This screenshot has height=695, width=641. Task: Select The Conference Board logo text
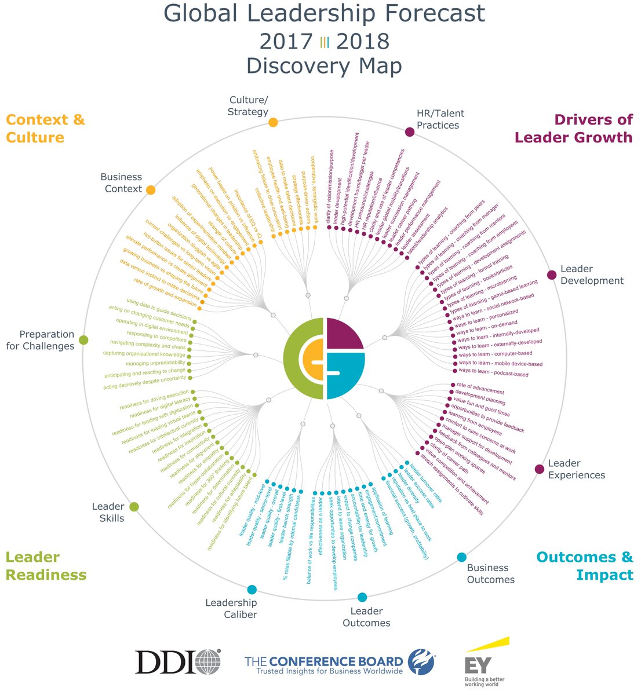pos(324,661)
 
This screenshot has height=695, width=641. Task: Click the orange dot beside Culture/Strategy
pos(273,122)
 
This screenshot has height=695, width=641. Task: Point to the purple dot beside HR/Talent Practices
pos(410,131)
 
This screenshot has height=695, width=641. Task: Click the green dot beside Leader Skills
pos(134,507)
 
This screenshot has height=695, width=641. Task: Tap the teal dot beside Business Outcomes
pos(461,557)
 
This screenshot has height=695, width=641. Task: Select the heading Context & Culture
pos(45,129)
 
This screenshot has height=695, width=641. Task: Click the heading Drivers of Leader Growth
pos(573,129)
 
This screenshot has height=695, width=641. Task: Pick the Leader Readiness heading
pos(46,566)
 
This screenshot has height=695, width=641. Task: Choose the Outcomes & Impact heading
pos(585,566)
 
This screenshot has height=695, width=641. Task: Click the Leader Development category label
pos(592,275)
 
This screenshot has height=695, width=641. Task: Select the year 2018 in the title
pos(362,42)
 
